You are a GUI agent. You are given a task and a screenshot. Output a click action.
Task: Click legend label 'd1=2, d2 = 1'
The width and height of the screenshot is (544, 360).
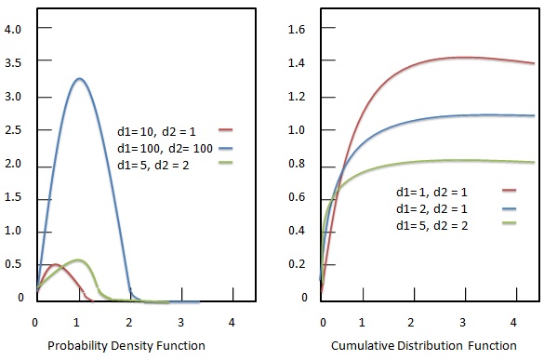pyautogui.click(x=431, y=208)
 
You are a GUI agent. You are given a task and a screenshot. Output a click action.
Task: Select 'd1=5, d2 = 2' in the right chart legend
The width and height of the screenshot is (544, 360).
pyautogui.click(x=431, y=224)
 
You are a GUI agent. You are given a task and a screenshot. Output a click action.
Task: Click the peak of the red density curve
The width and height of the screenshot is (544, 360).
pyautogui.click(x=54, y=265)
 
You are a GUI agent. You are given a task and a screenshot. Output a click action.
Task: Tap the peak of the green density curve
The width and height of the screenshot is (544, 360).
pyautogui.click(x=79, y=260)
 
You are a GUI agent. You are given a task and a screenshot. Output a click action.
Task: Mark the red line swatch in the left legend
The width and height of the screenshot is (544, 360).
pyautogui.click(x=226, y=131)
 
